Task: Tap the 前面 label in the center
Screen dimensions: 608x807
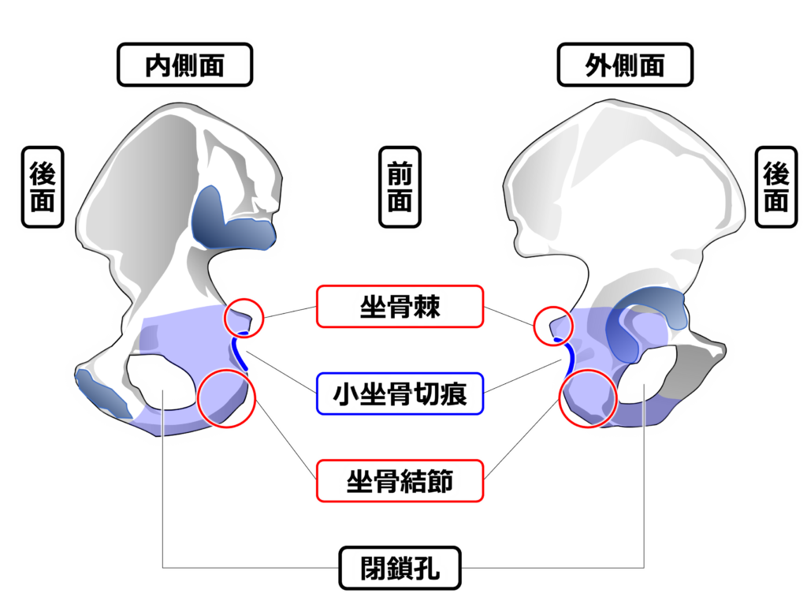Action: (400, 187)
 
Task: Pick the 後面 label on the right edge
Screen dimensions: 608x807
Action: (776, 187)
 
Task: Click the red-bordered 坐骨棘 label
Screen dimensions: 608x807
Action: (399, 308)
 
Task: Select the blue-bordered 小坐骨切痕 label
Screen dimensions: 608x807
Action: (399, 392)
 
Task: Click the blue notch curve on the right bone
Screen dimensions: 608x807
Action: (567, 357)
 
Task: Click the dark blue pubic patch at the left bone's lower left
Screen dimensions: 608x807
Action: (102, 394)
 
